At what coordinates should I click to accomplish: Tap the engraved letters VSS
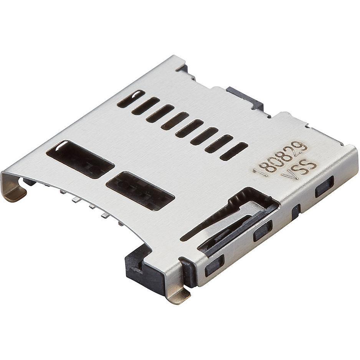click(x=299, y=169)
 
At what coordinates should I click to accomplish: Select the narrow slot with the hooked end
click(x=131, y=98)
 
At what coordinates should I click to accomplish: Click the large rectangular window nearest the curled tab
click(x=80, y=159)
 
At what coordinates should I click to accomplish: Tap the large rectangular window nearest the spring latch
click(x=140, y=191)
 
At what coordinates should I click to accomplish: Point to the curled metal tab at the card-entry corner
click(x=15, y=188)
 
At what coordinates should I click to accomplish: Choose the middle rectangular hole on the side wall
click(x=263, y=230)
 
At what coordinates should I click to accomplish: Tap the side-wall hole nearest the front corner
click(x=214, y=266)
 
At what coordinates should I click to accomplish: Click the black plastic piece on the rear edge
click(x=246, y=98)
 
